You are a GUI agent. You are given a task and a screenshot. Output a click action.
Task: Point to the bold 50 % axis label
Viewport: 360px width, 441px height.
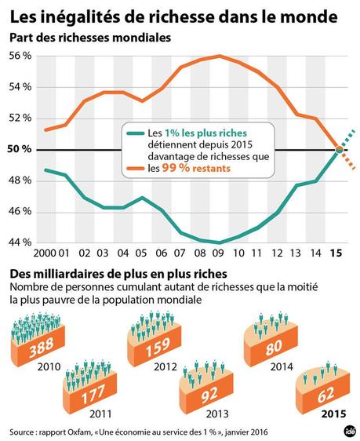point(20,149)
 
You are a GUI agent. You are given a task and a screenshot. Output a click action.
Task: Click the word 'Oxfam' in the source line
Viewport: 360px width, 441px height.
point(82,430)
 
